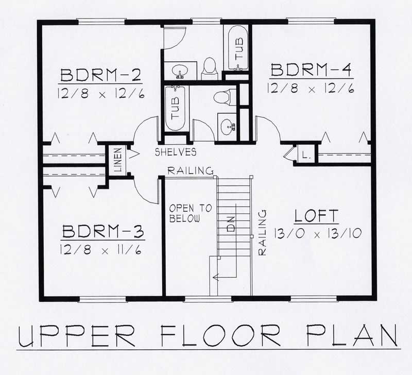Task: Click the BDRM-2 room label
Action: [101, 75]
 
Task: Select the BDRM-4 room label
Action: [311, 70]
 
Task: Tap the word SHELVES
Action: [176, 152]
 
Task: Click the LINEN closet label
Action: [117, 160]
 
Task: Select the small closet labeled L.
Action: [305, 155]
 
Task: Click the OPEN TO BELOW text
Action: [190, 213]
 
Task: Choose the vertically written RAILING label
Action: [262, 232]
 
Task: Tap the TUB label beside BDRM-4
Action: [238, 50]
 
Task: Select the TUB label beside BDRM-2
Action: [176, 110]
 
